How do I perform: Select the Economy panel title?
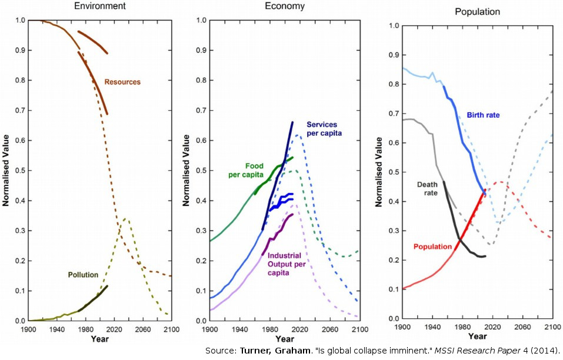(x=285, y=6)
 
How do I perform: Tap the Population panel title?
(x=477, y=11)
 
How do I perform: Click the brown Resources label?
(x=122, y=82)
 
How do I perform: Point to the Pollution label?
(x=83, y=275)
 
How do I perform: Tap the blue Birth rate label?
(x=483, y=115)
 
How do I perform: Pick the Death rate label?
(x=428, y=188)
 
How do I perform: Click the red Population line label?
(x=432, y=246)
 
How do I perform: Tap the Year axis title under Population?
(x=477, y=336)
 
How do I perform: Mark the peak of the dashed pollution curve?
(x=124, y=219)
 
